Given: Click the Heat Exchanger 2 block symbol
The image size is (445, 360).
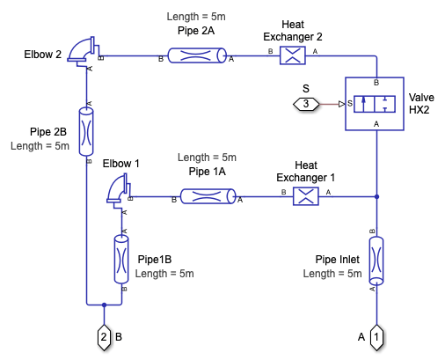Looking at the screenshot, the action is [293, 55].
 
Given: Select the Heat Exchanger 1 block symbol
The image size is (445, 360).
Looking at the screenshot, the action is [306, 196].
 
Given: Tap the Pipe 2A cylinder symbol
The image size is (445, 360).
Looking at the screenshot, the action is [197, 55].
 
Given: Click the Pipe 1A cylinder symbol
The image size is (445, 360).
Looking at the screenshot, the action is [208, 196].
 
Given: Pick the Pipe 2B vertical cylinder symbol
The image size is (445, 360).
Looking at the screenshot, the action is [86, 131].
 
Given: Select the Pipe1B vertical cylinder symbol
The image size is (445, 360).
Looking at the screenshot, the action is [121, 259].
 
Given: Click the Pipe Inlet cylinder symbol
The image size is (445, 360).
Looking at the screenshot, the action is [376, 261].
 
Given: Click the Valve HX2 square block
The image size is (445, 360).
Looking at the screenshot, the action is [375, 104].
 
